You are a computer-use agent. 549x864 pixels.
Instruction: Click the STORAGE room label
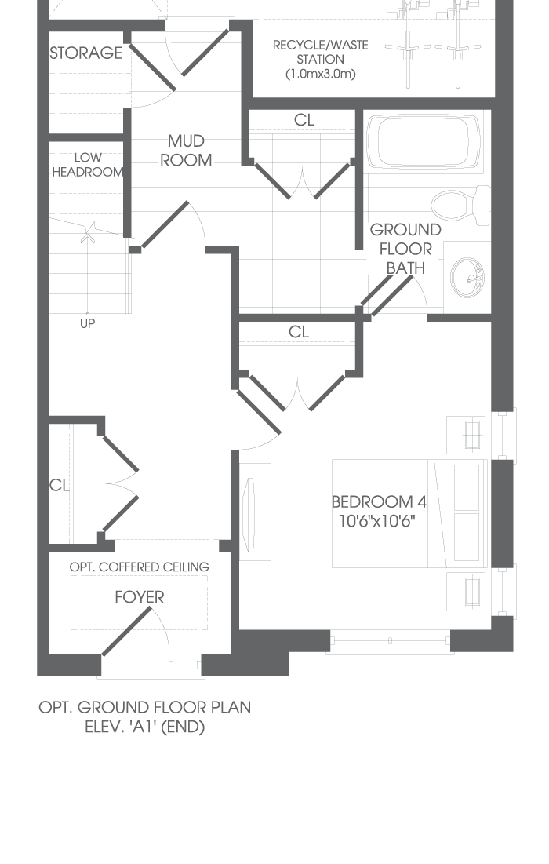click(86, 53)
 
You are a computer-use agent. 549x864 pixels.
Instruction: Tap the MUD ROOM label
click(186, 151)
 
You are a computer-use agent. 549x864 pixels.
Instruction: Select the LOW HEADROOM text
click(88, 165)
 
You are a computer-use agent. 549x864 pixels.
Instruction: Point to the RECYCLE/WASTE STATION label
click(321, 52)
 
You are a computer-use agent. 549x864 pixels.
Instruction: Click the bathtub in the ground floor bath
click(423, 141)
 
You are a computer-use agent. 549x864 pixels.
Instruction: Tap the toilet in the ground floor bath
click(460, 205)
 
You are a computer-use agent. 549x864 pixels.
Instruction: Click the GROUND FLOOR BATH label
click(405, 249)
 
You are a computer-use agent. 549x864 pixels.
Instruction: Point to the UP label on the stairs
click(88, 323)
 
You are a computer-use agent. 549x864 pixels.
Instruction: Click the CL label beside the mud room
click(304, 119)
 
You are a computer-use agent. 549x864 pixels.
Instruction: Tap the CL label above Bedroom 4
click(299, 332)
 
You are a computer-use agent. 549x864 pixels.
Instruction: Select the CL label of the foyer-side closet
click(59, 485)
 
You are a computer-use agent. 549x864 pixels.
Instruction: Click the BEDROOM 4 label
click(379, 502)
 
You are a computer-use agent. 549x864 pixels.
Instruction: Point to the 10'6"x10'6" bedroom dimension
click(377, 521)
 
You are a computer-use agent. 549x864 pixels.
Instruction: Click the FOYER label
click(140, 597)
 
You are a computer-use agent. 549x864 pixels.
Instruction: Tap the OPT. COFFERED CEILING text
click(140, 567)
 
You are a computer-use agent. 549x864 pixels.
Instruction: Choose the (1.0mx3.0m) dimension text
click(321, 74)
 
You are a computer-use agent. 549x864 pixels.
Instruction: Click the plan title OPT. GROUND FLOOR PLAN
click(145, 708)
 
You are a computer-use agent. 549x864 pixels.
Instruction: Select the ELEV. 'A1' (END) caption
click(145, 727)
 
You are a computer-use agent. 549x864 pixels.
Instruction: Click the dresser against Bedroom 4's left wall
click(255, 512)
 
